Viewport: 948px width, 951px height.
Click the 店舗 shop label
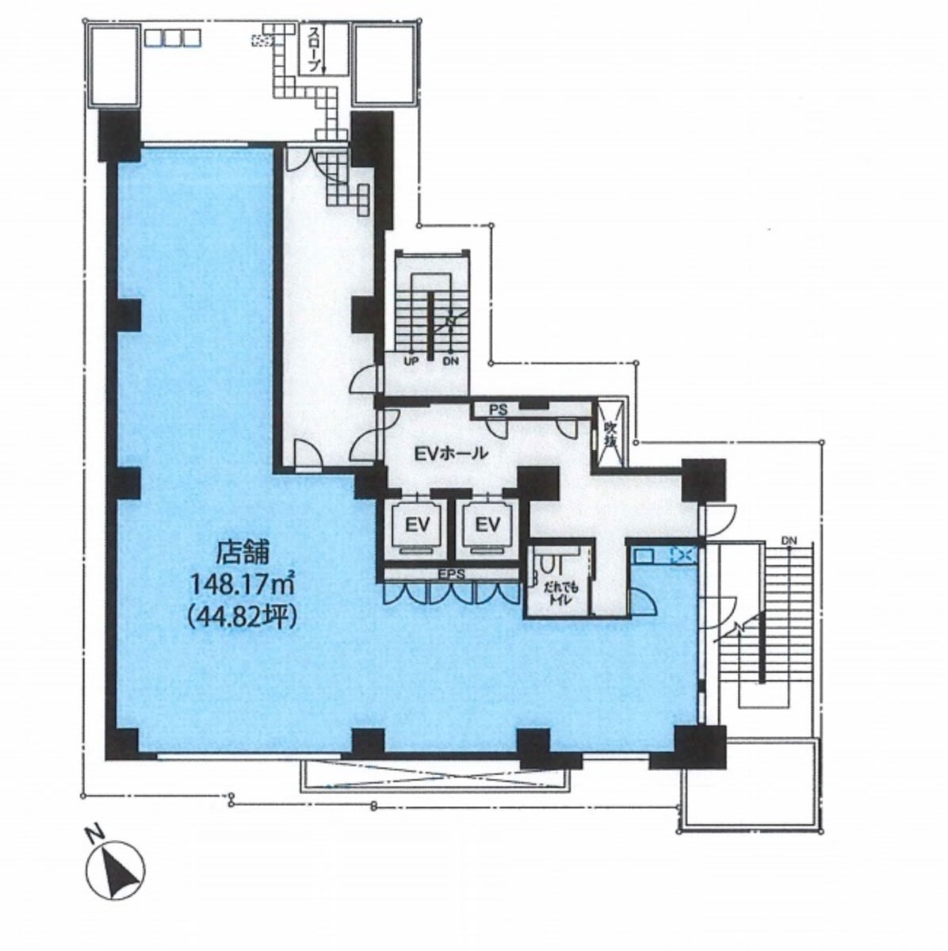(243, 554)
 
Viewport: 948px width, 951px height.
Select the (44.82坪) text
(243, 617)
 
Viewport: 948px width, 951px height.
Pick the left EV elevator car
(417, 524)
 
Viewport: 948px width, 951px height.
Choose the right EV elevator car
(487, 524)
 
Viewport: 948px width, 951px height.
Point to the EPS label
(451, 574)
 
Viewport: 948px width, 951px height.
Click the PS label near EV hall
(499, 409)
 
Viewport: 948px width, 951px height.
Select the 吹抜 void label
(611, 434)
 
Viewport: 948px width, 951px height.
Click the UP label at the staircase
(411, 361)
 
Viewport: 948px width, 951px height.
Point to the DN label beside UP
(450, 361)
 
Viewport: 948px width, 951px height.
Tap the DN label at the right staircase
(789, 540)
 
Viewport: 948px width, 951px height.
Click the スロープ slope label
(315, 49)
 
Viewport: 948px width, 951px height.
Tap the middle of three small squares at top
(173, 38)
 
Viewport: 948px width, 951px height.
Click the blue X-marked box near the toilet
(684, 556)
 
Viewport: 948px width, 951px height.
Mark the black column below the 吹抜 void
(703, 480)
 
